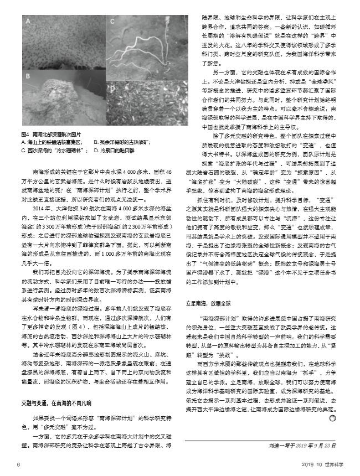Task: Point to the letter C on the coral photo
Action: click(111, 23)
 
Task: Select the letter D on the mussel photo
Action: click(111, 87)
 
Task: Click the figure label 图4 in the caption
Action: click(24, 134)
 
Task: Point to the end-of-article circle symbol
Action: click(333, 419)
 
